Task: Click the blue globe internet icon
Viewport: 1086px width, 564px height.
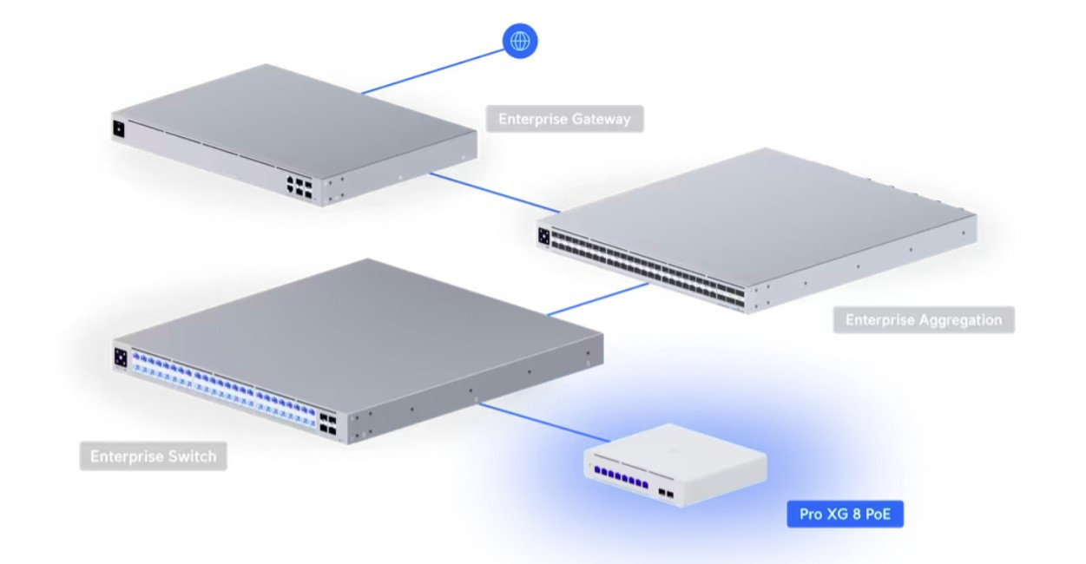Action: (520, 40)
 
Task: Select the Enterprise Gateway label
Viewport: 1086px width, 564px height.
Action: (564, 119)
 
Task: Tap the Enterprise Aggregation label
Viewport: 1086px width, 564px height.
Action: (924, 320)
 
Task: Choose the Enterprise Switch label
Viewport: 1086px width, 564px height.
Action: (153, 456)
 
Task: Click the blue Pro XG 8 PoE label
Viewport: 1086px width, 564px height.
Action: (845, 515)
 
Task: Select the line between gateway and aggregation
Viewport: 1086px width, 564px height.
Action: (495, 192)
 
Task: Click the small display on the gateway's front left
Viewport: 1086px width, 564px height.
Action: (119, 130)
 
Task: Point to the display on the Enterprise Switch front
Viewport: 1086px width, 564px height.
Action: (121, 357)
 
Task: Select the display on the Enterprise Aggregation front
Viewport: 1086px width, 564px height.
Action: (544, 233)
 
